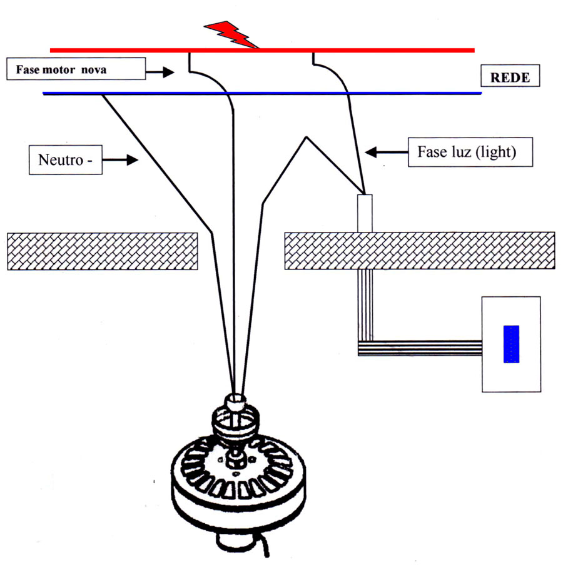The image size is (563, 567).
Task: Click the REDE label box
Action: (x=510, y=78)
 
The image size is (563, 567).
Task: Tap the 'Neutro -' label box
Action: (x=65, y=159)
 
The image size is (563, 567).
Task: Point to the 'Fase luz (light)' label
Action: (x=470, y=152)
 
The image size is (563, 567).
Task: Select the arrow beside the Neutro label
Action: (x=123, y=160)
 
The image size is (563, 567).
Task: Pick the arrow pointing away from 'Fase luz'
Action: (x=382, y=151)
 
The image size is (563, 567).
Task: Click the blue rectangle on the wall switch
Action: (x=511, y=344)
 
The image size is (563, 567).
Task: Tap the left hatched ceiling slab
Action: (x=102, y=251)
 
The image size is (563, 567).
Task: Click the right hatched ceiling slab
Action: (x=419, y=251)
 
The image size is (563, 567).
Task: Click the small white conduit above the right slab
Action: (x=364, y=213)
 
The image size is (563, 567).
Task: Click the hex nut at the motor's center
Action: (x=236, y=461)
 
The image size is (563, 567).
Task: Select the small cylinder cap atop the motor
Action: (x=238, y=400)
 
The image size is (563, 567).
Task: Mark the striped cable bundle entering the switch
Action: (x=419, y=348)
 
